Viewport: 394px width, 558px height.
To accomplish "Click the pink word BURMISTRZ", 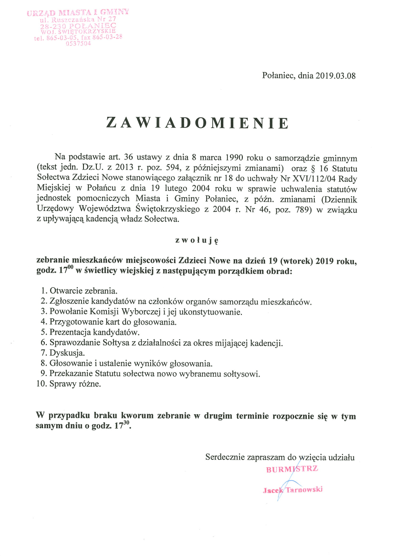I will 291,469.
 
